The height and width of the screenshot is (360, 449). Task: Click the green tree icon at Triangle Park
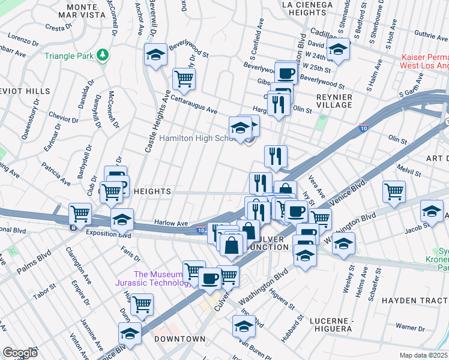tap(103, 55)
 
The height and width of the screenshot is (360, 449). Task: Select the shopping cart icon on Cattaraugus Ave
tap(184, 78)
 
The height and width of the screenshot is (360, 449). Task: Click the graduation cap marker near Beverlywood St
tap(155, 55)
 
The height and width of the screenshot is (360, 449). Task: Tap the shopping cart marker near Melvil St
tap(394, 192)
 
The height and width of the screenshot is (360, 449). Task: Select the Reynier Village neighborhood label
tap(334, 100)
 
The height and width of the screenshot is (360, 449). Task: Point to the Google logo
tap(20, 353)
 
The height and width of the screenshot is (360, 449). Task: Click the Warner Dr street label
tap(410, 328)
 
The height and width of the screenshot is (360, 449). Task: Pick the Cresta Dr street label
tap(59, 27)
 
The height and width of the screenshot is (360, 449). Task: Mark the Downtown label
tap(179, 339)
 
